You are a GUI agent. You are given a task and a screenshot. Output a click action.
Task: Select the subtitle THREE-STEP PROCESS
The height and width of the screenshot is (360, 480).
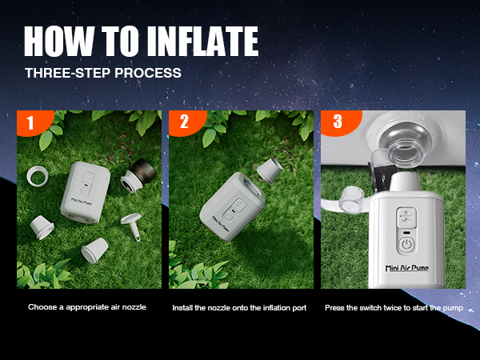[x=102, y=73]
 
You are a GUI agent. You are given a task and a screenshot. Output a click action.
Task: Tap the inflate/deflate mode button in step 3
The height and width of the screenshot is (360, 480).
[x=406, y=217]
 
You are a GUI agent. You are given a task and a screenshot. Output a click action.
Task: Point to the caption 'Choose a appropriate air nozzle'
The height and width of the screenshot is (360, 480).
[x=87, y=307]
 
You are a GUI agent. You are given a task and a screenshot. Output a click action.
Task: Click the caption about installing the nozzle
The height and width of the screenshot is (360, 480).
[x=239, y=307]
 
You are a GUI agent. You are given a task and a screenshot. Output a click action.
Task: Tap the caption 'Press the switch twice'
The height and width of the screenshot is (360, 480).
[x=393, y=307]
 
